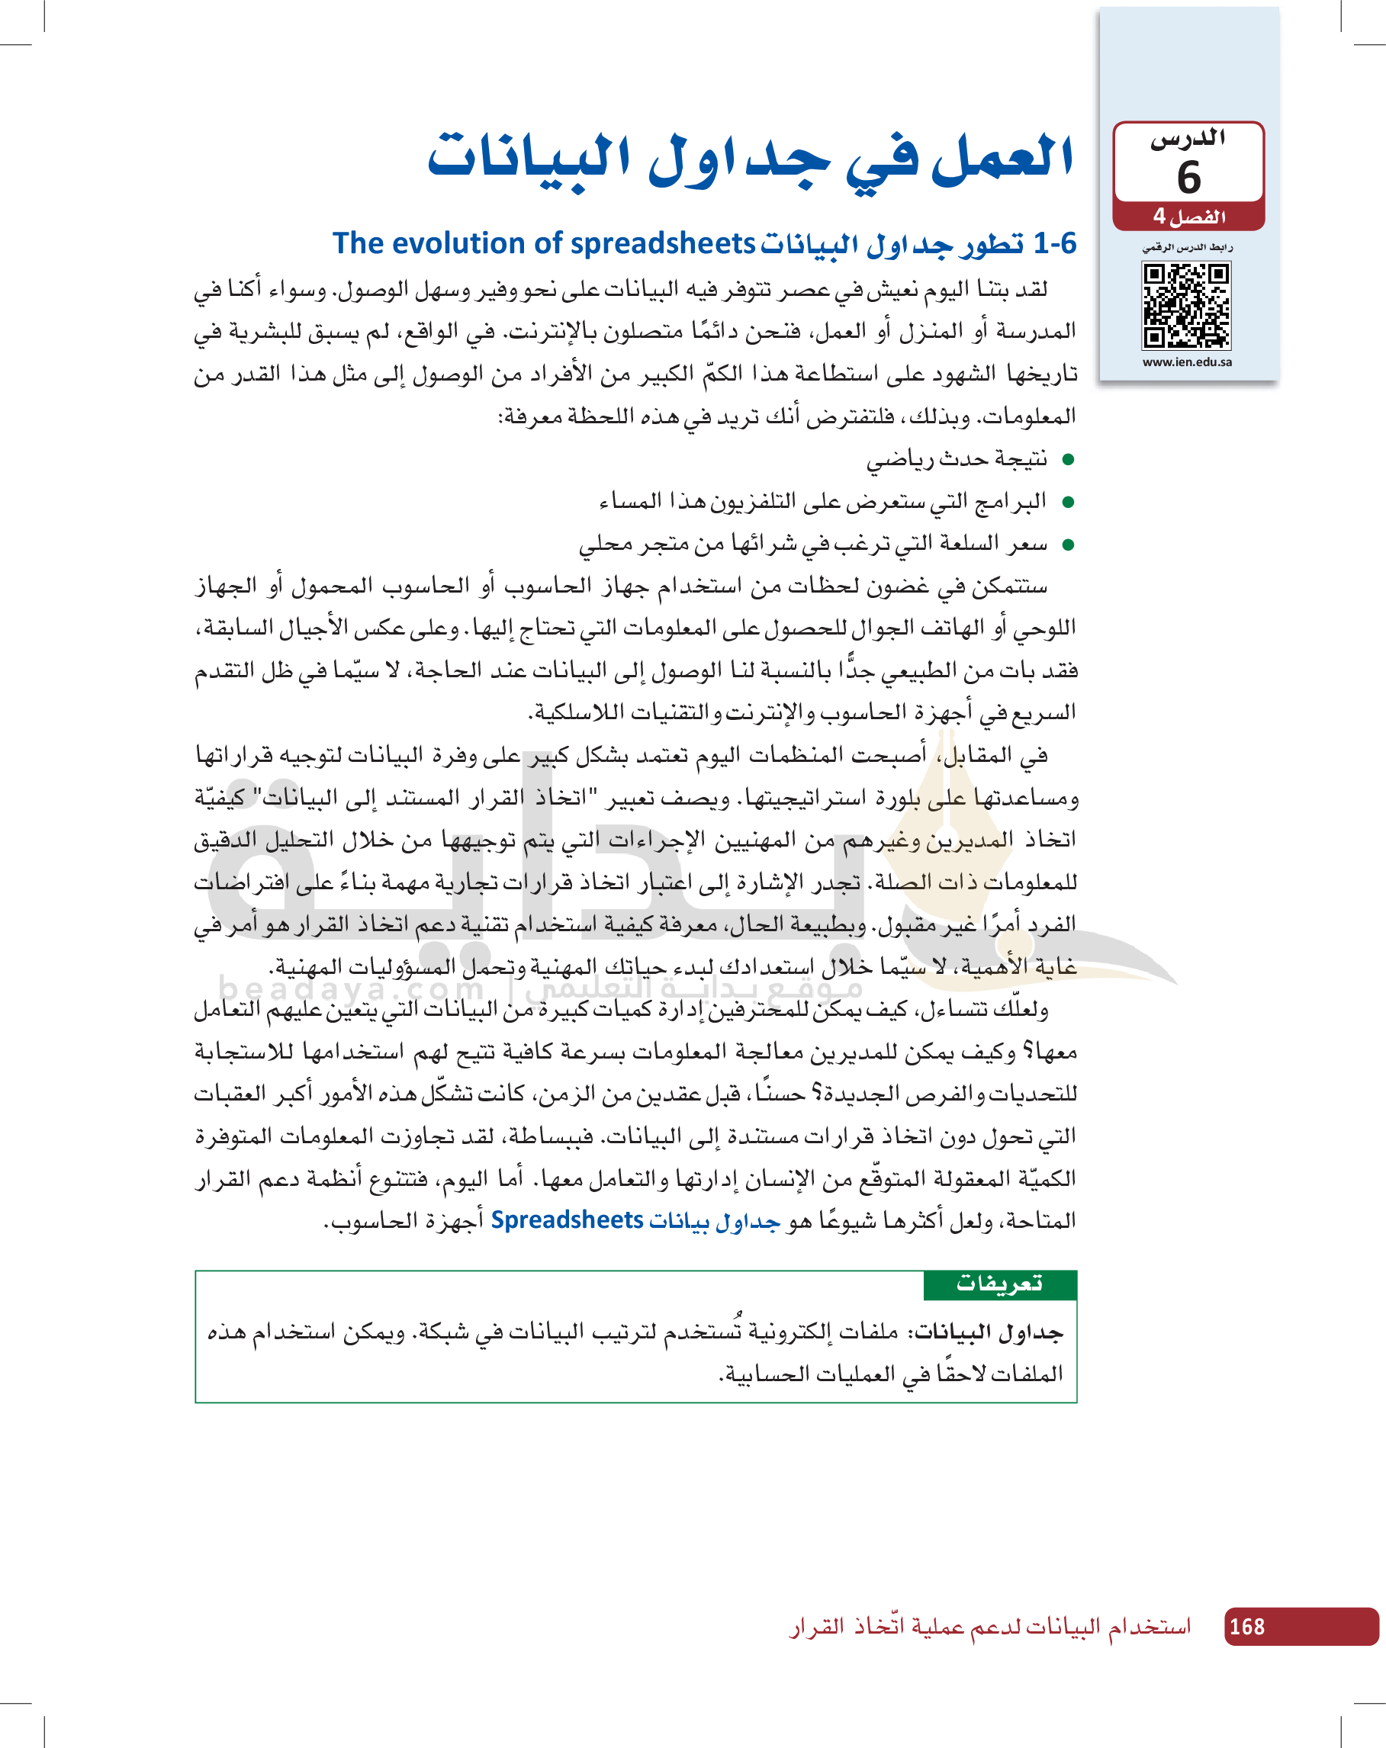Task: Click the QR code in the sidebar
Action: click(1186, 306)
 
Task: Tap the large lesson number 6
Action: click(1189, 178)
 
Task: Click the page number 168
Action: click(1246, 1627)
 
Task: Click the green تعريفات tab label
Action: click(999, 1284)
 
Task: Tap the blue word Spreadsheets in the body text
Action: click(567, 1220)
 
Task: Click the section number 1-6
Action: click(1055, 243)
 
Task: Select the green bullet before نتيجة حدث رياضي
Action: click(1068, 461)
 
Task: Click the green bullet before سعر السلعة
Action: click(1068, 545)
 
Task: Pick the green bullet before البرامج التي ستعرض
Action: click(1068, 503)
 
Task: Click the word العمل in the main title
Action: click(1002, 158)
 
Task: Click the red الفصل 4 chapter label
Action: click(1189, 217)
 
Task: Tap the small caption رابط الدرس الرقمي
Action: click(1188, 247)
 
